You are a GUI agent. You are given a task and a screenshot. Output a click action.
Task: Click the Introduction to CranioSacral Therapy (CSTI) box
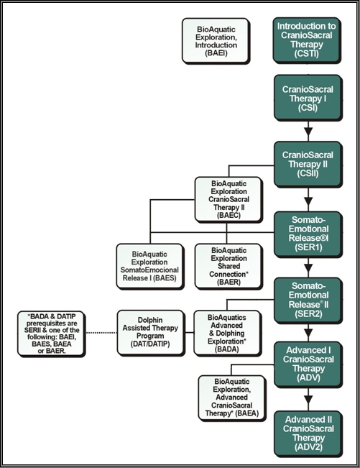306,40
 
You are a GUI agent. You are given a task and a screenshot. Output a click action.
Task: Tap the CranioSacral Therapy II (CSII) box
308,164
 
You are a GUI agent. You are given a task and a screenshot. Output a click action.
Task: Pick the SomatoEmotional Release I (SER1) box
308,234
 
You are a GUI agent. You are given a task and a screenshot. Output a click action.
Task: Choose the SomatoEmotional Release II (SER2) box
308,300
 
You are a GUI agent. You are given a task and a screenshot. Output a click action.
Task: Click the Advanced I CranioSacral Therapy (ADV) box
308,364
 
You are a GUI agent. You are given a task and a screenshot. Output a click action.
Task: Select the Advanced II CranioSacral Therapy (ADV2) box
308,433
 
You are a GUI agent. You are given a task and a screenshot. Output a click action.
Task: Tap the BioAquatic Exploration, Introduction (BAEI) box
216,40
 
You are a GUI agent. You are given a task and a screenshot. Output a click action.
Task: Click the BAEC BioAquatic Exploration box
229,199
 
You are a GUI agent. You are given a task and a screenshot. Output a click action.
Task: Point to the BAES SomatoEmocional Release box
149,266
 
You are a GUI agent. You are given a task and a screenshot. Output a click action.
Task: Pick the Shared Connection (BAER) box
229,266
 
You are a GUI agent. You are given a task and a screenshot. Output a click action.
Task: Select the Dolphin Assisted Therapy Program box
150,333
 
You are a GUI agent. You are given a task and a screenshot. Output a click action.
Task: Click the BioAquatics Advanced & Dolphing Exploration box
227,333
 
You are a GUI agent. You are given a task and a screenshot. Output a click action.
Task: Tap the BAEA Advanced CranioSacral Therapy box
231,398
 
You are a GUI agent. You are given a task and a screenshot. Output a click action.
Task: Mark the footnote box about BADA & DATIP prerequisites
51,334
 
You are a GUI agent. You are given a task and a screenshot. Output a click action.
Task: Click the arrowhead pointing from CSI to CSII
308,132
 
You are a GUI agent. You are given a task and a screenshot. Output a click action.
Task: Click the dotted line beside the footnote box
101,333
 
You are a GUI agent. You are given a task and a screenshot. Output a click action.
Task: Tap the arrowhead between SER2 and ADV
308,333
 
